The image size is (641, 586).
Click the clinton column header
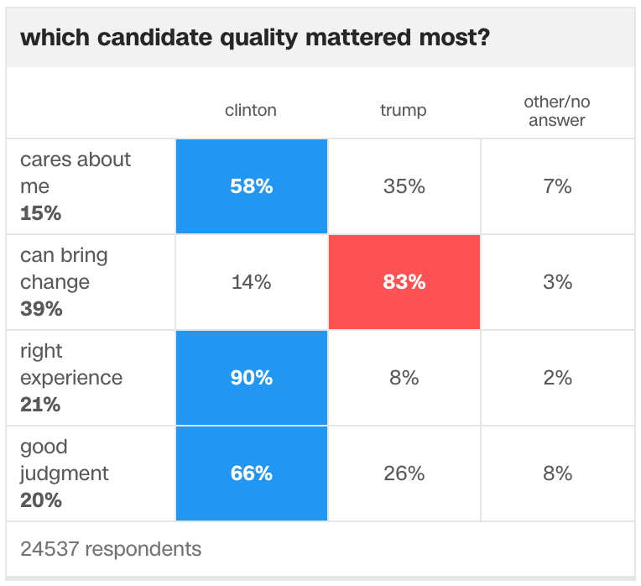[251, 110]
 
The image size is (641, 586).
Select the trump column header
[403, 111]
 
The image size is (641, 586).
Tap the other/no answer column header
[557, 111]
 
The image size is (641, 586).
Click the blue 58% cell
[252, 186]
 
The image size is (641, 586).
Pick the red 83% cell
[404, 282]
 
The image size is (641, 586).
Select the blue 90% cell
[252, 378]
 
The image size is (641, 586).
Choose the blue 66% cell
[252, 474]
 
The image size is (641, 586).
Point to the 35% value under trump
[404, 186]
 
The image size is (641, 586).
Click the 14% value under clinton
[252, 282]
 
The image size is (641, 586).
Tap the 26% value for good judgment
[404, 474]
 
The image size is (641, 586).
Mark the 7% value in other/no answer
[557, 186]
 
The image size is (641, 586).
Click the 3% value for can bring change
[558, 282]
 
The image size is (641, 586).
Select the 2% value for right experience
[558, 378]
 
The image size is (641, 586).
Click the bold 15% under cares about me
[41, 213]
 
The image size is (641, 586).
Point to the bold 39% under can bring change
[41, 309]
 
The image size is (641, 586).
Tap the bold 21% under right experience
[40, 405]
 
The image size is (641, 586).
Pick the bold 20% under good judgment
[41, 500]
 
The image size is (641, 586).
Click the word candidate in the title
[155, 38]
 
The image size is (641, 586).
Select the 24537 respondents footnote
[111, 549]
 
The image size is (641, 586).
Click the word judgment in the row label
[65, 474]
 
